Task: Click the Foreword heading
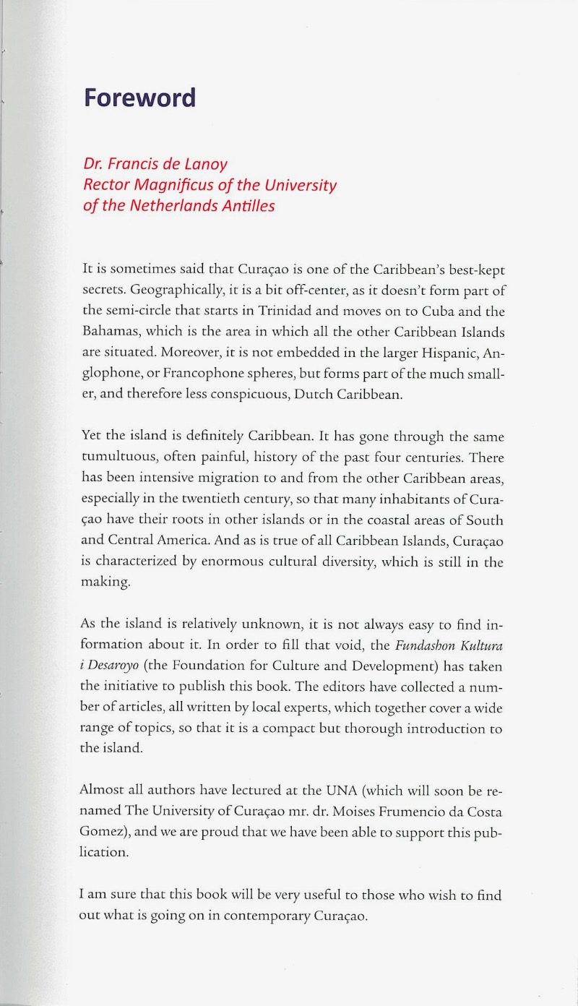(x=139, y=98)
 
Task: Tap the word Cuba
(x=439, y=311)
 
